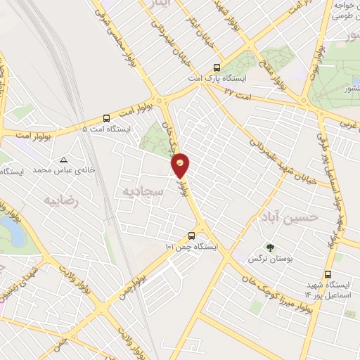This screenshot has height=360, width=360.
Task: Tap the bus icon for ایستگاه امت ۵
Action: [x=105, y=119]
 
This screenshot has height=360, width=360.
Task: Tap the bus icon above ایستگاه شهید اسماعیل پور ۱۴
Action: [x=328, y=275]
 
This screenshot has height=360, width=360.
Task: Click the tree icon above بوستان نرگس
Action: [x=270, y=247]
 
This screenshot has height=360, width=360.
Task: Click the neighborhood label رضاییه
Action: [x=59, y=200]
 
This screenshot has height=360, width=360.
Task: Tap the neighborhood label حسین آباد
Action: [x=289, y=216]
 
